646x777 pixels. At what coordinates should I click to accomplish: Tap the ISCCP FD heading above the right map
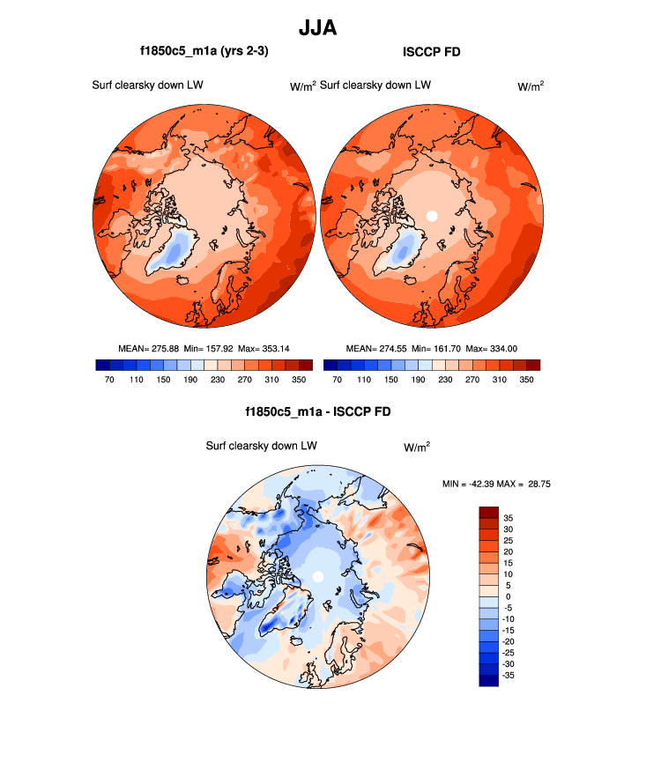(431, 53)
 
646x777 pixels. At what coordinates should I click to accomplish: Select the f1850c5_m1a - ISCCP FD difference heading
(317, 411)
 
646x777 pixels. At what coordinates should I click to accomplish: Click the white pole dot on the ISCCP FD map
(432, 215)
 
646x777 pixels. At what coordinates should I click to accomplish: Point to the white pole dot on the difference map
(318, 576)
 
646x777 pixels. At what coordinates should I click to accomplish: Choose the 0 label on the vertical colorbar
(508, 596)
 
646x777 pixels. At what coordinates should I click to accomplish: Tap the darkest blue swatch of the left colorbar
(101, 365)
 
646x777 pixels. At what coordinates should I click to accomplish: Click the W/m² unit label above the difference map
(417, 447)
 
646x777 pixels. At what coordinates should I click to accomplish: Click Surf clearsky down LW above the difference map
(261, 446)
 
